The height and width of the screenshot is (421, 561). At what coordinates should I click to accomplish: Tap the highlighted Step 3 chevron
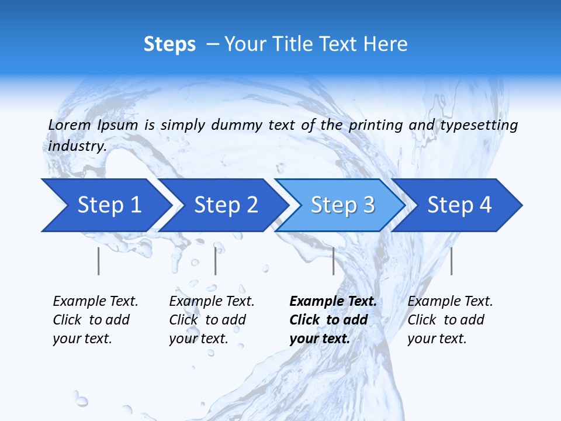click(x=342, y=205)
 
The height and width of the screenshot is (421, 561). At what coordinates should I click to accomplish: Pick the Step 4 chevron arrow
click(x=459, y=205)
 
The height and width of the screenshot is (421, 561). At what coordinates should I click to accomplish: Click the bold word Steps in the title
click(x=169, y=44)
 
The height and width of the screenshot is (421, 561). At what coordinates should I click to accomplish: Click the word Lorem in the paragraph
click(x=70, y=125)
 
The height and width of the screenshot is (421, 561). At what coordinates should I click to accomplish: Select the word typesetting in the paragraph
click(x=479, y=125)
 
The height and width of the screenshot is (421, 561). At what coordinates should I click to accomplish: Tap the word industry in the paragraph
click(x=77, y=146)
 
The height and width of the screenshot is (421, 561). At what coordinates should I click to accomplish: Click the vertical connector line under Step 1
click(x=99, y=261)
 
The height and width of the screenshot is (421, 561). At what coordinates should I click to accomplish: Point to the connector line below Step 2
click(x=216, y=261)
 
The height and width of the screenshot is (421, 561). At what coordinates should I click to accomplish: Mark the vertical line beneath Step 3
click(x=333, y=261)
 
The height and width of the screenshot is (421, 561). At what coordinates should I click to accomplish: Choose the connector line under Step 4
click(x=451, y=261)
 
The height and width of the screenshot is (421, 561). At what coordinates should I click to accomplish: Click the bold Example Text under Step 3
click(x=333, y=302)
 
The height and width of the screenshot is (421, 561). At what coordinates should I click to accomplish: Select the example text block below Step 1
click(x=95, y=320)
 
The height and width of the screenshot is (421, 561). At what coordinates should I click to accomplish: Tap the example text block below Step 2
click(x=212, y=320)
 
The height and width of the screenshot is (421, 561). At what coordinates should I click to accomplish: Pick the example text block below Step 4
click(x=450, y=320)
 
